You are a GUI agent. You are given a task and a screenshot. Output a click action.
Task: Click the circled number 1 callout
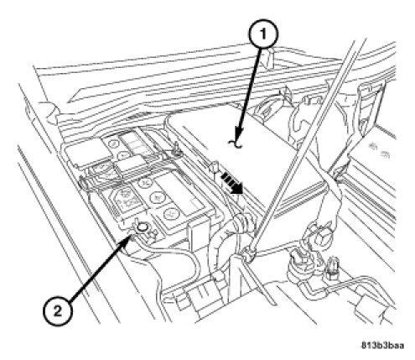coord(262,34)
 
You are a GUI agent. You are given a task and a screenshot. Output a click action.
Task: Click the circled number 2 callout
coord(58,310)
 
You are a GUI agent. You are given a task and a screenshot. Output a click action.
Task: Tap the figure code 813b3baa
coord(382,345)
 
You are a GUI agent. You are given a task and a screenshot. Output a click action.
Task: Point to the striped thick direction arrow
coord(231,183)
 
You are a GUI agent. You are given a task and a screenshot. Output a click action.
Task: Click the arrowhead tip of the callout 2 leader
coord(131,236)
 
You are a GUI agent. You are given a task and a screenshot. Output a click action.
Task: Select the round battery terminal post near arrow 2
coord(143,227)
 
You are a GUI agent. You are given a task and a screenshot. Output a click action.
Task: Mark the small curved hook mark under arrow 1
coord(236,143)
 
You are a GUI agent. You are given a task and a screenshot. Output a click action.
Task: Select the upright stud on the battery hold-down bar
coord(175,149)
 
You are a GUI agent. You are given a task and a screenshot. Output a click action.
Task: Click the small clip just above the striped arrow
coord(216,167)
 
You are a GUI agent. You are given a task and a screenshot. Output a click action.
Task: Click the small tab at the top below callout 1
coord(267,57)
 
